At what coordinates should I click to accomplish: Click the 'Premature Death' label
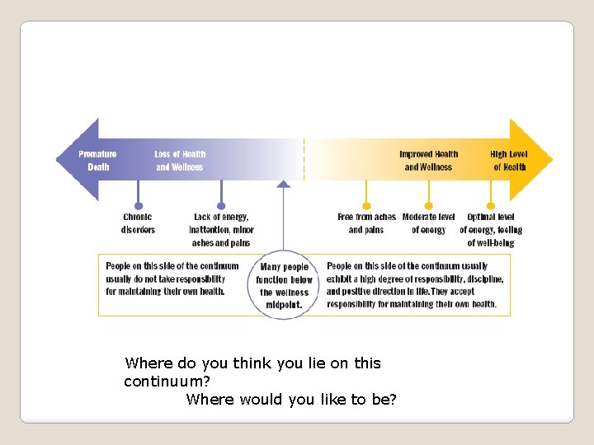pos(97,160)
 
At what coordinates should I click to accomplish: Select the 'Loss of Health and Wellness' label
pos(180,160)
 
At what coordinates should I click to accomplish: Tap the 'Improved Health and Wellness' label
pos(428,160)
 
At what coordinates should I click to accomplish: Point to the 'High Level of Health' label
pos(509,160)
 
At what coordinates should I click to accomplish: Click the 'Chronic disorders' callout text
pos(138,223)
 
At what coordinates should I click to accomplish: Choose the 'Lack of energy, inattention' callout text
pos(221,230)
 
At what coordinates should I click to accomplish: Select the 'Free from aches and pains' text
pos(366,223)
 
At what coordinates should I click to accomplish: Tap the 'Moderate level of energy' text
pos(428,223)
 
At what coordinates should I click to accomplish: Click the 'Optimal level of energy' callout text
pos(491,230)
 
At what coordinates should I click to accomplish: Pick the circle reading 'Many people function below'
pos(284,285)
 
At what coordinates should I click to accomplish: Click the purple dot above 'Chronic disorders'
pos(139,206)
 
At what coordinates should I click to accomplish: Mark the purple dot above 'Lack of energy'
pos(221,206)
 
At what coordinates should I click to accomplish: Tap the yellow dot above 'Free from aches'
pos(367,206)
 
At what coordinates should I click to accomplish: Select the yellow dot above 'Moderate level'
pos(429,206)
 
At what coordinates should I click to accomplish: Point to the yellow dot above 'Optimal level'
pos(491,206)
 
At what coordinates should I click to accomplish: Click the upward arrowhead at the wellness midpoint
pos(284,185)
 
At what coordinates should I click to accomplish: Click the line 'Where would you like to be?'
pos(291,400)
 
